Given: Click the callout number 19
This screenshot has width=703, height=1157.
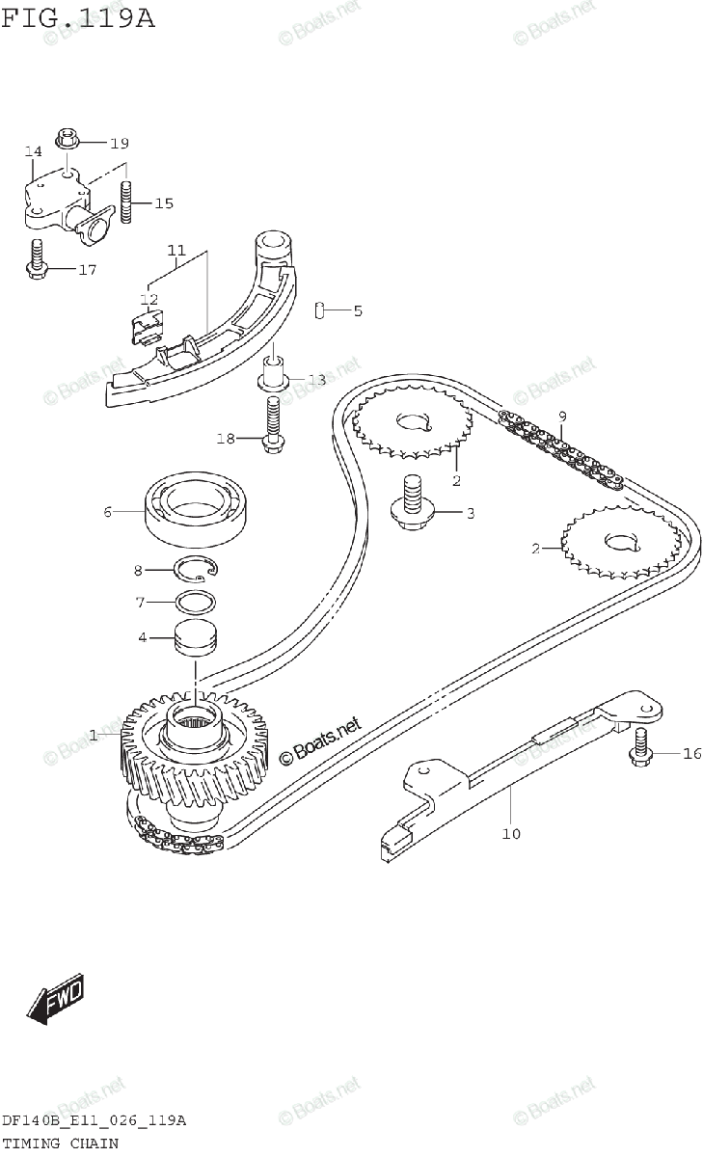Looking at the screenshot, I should pos(118,144).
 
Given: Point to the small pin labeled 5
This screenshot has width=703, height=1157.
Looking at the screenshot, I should pos(318,310).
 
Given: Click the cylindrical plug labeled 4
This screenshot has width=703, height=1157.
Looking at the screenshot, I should pos(196,638).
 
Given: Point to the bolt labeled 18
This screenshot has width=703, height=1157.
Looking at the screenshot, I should pos(271,423).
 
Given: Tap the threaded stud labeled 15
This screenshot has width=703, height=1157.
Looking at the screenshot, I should pos(125,202).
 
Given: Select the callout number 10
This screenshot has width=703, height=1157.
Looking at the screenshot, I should pos(510,833).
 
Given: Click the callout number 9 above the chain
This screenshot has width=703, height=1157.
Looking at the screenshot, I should pos(561,416).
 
